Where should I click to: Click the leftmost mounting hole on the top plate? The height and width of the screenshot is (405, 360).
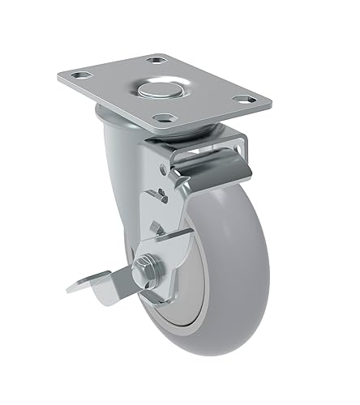(x=79, y=78)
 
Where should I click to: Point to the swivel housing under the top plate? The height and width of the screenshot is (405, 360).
(x=122, y=138)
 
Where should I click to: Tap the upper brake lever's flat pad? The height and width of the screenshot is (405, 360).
(x=212, y=163)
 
